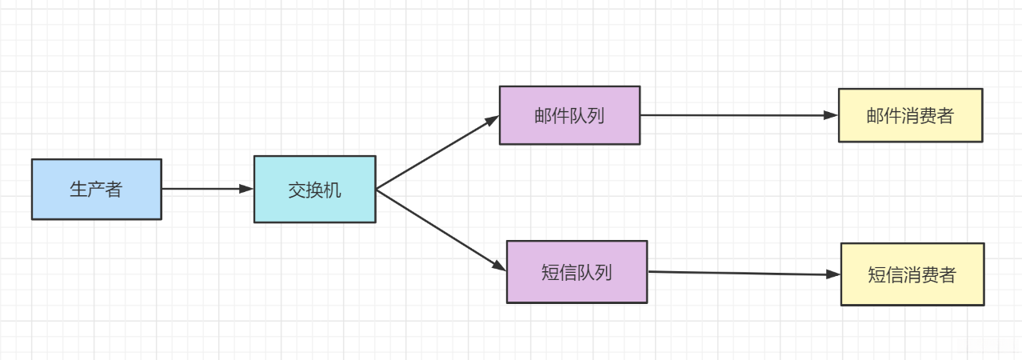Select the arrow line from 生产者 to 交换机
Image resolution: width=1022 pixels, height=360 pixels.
pos(200,189)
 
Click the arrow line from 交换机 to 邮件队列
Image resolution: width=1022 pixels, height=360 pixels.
pos(432,155)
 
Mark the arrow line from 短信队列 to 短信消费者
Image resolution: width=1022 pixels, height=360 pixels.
pos(736,273)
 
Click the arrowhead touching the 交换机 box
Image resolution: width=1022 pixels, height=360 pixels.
pos(246,189)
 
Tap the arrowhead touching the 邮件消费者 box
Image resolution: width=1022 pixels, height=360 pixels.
pos(832,115)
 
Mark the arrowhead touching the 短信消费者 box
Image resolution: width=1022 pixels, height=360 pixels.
pos(834,274)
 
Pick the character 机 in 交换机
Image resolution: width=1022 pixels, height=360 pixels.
pos(333,190)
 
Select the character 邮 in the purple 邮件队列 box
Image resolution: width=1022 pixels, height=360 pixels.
pos(543,115)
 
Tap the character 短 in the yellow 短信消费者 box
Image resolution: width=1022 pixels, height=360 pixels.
pos(877,275)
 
